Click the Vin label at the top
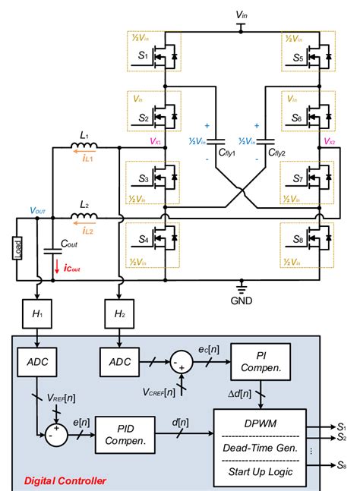point(241,14)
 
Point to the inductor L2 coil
point(86,218)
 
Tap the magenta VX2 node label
point(329,142)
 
